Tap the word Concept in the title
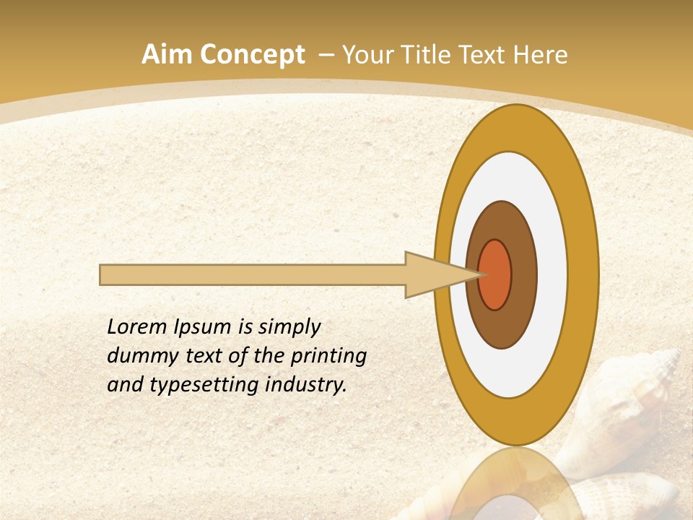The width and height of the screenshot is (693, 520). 252,55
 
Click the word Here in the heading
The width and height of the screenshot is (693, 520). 541,55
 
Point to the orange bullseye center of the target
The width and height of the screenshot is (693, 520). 496,274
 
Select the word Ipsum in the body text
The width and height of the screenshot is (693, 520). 203,328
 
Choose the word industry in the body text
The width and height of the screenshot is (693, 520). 306,385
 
